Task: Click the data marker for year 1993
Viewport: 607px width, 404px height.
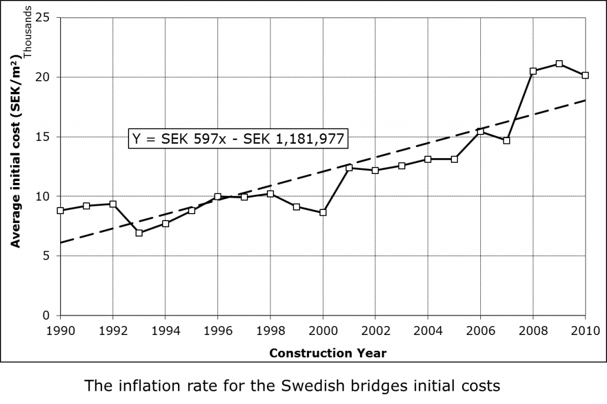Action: coord(139,233)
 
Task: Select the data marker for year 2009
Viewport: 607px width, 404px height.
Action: coord(559,64)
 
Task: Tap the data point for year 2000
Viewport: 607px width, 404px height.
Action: coord(323,212)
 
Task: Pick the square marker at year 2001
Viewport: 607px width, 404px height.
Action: coord(349,167)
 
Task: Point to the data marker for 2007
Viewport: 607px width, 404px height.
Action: coord(507,140)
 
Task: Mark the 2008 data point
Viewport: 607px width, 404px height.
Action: coord(533,71)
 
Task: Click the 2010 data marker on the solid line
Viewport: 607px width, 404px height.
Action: coord(585,75)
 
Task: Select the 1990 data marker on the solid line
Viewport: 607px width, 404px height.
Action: coord(60,211)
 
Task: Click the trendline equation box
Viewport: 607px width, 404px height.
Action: coord(238,138)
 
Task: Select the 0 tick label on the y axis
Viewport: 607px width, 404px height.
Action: coord(47,316)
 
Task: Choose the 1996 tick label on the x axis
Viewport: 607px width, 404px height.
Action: coord(217,330)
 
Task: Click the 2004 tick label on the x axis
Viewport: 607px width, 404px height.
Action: coord(428,330)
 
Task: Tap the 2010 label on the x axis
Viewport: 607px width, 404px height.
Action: coord(585,330)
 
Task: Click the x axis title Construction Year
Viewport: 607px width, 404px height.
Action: coord(328,353)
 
